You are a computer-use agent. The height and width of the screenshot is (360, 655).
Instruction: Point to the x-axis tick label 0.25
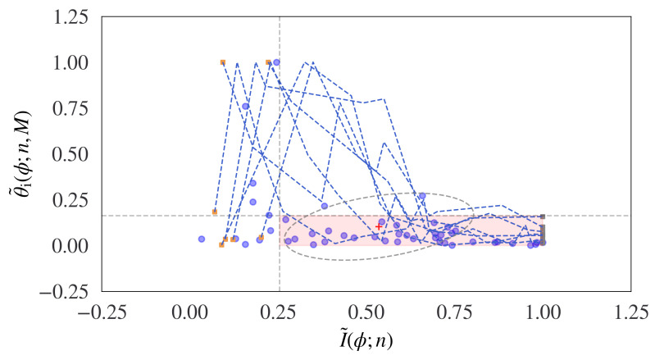[280, 312]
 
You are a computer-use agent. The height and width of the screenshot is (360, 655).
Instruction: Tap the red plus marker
[378, 226]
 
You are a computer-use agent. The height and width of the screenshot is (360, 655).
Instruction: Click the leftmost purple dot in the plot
[202, 239]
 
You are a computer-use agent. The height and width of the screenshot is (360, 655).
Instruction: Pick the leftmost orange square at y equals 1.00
[223, 62]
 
